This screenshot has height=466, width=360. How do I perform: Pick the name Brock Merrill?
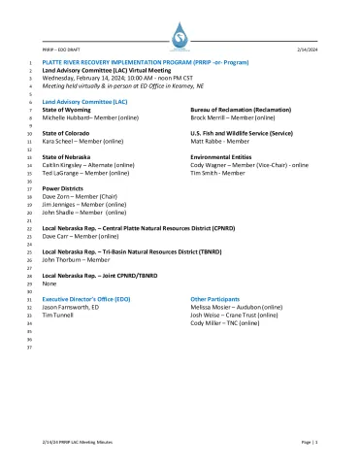point(209,117)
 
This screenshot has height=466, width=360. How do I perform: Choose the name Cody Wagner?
point(209,164)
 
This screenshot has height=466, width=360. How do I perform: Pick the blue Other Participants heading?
point(215,298)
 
